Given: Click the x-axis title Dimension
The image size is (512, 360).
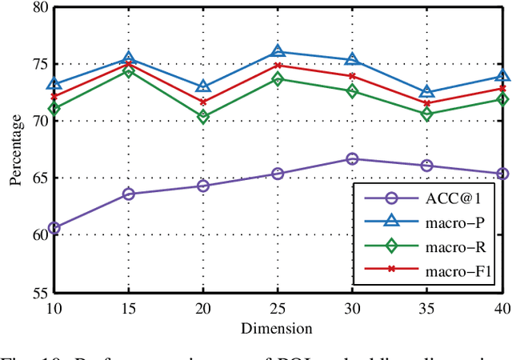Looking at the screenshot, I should coord(278,327).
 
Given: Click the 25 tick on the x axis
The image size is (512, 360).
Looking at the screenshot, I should coord(278,308).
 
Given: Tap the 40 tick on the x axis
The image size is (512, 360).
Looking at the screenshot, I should coord(502,308).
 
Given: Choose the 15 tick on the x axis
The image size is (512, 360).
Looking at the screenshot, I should coord(128,308).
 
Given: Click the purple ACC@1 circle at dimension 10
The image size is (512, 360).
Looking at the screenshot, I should coord(54,228).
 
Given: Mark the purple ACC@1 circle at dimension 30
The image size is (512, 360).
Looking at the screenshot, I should coord(352,159).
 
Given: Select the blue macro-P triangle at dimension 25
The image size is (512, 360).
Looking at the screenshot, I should coord(278,51).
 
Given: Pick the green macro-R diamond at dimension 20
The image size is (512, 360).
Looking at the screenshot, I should coord(203,117).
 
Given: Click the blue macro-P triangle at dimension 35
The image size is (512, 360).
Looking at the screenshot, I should coord(427,92).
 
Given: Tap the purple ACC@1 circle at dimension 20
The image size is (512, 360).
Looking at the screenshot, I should coord(203,186).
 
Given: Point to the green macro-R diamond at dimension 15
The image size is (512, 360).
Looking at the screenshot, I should coord(128,71).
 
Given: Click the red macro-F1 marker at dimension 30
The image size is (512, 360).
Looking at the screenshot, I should coord(352,76).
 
